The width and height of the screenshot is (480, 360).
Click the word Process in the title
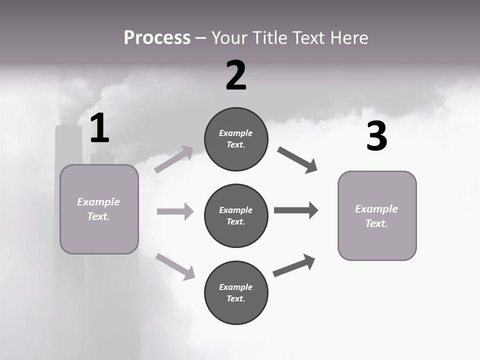(x=157, y=38)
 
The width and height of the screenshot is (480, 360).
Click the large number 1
(x=99, y=128)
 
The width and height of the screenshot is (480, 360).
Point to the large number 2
(x=236, y=75)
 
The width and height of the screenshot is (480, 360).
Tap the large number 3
(x=376, y=136)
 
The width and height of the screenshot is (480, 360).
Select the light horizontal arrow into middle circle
(x=175, y=211)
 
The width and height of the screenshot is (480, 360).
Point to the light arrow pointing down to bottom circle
(x=175, y=266)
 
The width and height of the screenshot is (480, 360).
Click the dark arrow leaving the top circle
(x=297, y=160)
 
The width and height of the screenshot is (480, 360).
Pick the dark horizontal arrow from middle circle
(x=296, y=210)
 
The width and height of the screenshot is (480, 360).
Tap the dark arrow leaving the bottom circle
(x=294, y=265)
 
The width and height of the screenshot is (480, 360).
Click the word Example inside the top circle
(x=236, y=133)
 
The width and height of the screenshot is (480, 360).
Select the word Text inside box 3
(x=376, y=223)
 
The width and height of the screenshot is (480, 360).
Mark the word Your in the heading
(x=230, y=38)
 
